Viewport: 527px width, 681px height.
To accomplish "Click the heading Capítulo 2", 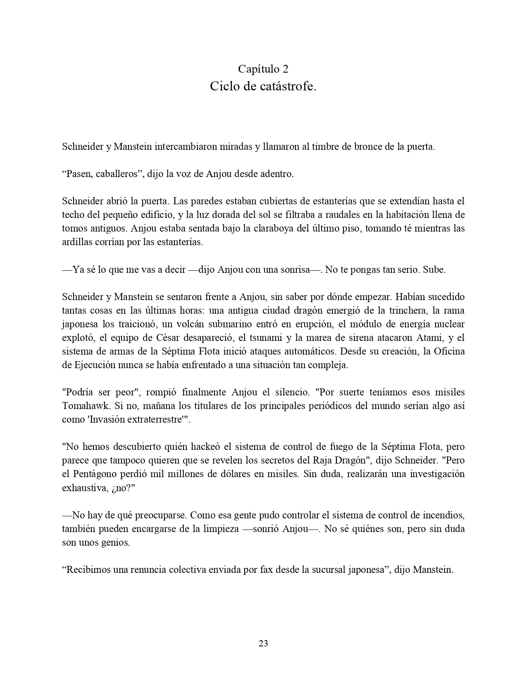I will click(263, 69).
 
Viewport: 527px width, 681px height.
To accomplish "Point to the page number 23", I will click(263, 643).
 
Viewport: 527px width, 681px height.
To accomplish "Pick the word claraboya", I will click(273, 228).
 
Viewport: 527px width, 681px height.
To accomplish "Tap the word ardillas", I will click(77, 242).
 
